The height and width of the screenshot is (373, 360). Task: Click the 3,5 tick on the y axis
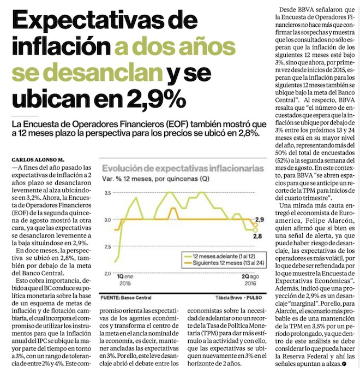pyautogui.click(x=107, y=193)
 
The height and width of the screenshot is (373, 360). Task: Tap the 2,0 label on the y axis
pyautogui.click(x=107, y=271)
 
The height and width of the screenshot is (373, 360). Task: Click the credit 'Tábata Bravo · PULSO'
pyautogui.click(x=242, y=297)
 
